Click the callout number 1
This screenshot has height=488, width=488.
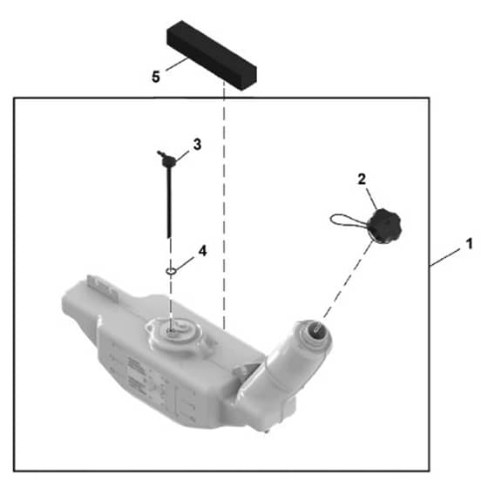click(469, 244)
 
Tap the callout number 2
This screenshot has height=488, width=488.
click(362, 180)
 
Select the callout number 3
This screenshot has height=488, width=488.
click(197, 145)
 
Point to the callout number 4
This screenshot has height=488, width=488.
click(202, 251)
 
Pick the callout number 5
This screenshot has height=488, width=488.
click(156, 77)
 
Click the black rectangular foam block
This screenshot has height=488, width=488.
click(212, 55)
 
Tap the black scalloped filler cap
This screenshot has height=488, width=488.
click(384, 226)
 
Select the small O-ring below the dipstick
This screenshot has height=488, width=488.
click(171, 271)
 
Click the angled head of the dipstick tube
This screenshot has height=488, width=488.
click(167, 159)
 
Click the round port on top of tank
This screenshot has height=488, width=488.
click(173, 332)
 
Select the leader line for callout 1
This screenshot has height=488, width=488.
click(445, 257)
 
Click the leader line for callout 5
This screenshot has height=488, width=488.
click(176, 64)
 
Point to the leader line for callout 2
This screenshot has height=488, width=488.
click(371, 200)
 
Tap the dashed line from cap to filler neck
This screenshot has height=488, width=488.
click(344, 287)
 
